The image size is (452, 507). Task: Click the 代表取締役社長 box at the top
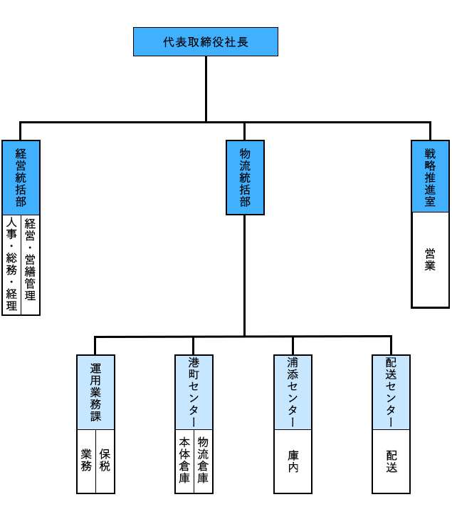pyautogui.click(x=205, y=41)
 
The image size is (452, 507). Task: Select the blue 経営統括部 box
pyautogui.click(x=21, y=177)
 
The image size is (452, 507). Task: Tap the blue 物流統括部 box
pyautogui.click(x=244, y=177)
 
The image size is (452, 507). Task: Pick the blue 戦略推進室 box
pyautogui.click(x=430, y=177)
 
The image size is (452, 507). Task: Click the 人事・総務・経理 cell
pyautogui.click(x=11, y=265)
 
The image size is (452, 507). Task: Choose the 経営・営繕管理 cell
pyautogui.click(x=30, y=265)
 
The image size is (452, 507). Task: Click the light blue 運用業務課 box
pyautogui.click(x=95, y=392)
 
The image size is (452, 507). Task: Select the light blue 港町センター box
pyautogui.click(x=194, y=392)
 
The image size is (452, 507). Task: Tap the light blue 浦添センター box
pyautogui.click(x=293, y=392)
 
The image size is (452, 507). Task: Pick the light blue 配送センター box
pyautogui.click(x=391, y=392)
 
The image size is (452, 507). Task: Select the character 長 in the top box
pyautogui.click(x=243, y=41)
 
